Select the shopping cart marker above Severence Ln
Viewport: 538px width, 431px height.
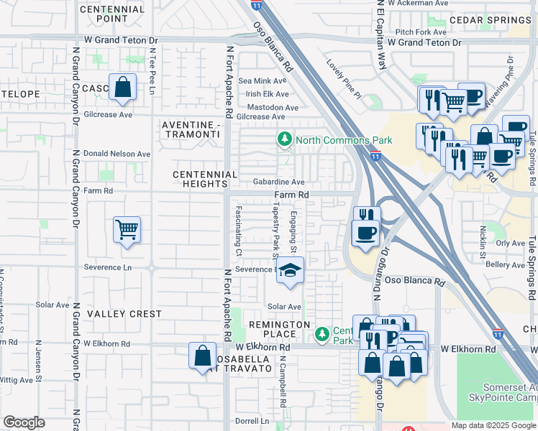[x=127, y=231]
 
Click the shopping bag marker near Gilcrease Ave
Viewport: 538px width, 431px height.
[x=123, y=87]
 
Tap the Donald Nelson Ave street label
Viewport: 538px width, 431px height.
[x=117, y=154]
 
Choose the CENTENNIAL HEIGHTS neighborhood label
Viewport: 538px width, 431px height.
[x=205, y=179]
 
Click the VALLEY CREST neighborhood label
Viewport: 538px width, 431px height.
[x=124, y=314]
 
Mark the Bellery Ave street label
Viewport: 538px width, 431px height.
[x=505, y=265]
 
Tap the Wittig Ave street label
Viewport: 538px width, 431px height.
[x=16, y=380]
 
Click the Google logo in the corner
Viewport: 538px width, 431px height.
[x=24, y=422]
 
